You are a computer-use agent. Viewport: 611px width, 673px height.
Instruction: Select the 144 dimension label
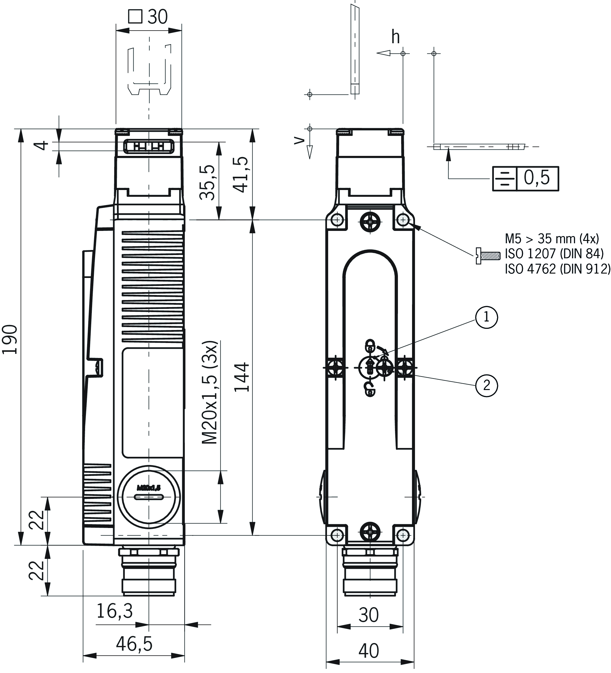click(x=242, y=377)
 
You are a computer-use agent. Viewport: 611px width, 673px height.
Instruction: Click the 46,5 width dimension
click(x=134, y=644)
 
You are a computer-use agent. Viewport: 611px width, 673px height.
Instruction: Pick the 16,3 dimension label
click(x=114, y=611)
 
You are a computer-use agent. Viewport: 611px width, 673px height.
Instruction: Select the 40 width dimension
click(x=369, y=651)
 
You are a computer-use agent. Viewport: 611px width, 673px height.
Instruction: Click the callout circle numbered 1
click(x=487, y=317)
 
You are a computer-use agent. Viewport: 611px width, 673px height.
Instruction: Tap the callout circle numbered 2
click(x=487, y=386)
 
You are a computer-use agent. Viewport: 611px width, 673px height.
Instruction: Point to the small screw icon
click(x=488, y=256)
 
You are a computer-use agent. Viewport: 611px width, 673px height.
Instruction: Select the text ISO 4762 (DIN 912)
click(x=557, y=269)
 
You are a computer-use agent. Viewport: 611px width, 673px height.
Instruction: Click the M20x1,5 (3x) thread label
click(x=210, y=392)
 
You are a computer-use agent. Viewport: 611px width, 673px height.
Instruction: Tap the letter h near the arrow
click(x=396, y=37)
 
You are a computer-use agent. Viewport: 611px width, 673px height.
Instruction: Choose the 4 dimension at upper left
click(x=42, y=146)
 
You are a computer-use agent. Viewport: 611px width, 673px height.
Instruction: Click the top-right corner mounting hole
click(x=403, y=220)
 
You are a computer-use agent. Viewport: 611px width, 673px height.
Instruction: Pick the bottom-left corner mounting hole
click(x=337, y=535)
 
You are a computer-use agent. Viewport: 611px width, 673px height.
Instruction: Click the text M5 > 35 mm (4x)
click(x=552, y=239)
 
